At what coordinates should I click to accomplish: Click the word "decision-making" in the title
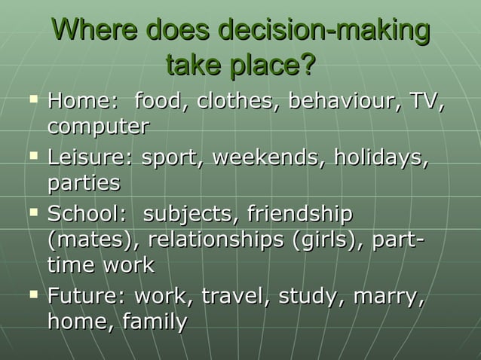[323, 32]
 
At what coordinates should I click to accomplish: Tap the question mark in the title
[307, 66]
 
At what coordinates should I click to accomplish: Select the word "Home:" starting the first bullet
[81, 101]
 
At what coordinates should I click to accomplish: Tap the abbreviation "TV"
[424, 101]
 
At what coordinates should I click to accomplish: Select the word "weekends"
[268, 159]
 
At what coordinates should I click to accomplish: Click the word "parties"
[84, 183]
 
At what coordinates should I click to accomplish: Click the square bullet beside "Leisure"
[32, 157]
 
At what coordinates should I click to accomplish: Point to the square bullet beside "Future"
[32, 294]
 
